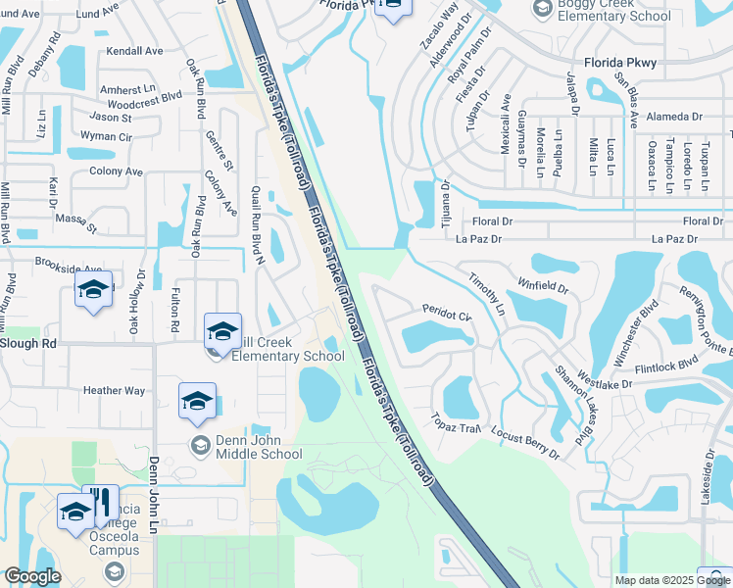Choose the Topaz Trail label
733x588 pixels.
[454, 423]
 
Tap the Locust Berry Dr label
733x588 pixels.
[525, 445]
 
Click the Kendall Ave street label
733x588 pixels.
[135, 50]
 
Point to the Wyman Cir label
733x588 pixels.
[106, 136]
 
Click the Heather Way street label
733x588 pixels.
[114, 391]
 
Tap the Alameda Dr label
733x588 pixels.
[676, 117]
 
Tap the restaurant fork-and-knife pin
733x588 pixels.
[100, 503]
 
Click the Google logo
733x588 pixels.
[32, 576]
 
